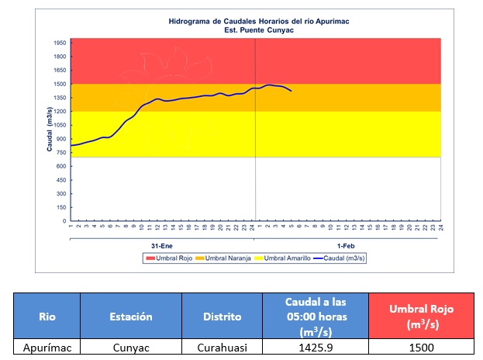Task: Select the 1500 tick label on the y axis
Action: coord(59,84)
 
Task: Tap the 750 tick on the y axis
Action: coord(60,152)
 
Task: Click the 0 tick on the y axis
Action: coord(64,221)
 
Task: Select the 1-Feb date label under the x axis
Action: coord(347,246)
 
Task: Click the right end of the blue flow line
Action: coord(291,91)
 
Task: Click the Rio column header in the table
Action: coord(47,316)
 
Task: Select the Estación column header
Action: coord(130,316)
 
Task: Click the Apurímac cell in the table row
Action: coord(47,348)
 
